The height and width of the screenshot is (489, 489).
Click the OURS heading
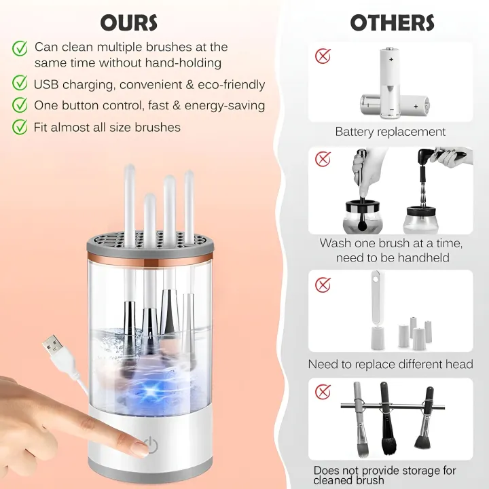pos(129,22)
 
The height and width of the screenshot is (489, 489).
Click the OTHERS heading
pos(392,22)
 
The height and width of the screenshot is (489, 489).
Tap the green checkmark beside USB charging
pos(20,84)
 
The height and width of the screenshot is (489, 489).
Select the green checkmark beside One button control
pos(20,105)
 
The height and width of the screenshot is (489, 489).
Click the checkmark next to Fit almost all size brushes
pos(20,126)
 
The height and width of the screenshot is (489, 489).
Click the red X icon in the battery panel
pos(323,56)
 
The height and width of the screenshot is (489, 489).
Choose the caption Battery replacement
pos(391,132)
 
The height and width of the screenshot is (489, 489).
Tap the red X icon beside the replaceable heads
pos(323,285)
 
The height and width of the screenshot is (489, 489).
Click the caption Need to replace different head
pos(391,365)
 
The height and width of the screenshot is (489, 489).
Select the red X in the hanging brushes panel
pos(323,391)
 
